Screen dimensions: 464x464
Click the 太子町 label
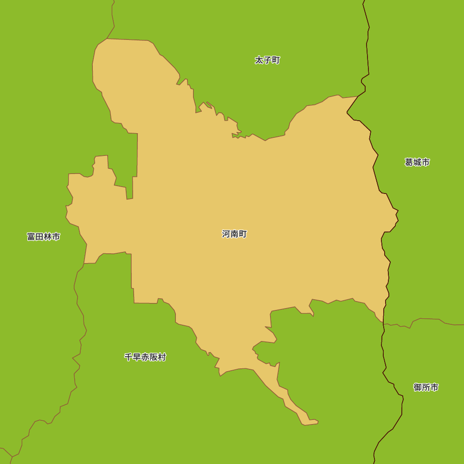coord(268,60)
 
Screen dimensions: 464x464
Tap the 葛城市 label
coord(417,162)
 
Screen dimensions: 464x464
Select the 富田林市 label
coord(44,237)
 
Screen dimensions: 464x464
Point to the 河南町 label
coord(234,234)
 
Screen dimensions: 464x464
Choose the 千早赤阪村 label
coord(145,357)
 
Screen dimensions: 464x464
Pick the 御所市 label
coord(426,387)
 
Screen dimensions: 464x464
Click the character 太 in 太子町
coord(259,60)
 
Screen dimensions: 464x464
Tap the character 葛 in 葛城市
coord(409,162)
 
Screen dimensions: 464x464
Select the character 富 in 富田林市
coord(31,237)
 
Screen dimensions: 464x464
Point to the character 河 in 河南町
coord(226,234)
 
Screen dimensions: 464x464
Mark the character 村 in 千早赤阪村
coord(161,357)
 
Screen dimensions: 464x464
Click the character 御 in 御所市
coord(418,387)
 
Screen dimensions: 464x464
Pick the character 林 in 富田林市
coord(48,237)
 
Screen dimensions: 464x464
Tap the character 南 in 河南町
coord(234,234)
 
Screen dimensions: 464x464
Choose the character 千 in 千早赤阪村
coord(128,357)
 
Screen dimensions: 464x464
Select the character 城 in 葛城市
coord(417,162)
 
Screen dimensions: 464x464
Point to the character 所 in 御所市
coord(426,387)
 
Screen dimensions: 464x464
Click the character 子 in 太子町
coord(268,60)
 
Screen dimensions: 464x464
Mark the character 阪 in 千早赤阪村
coord(153,357)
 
